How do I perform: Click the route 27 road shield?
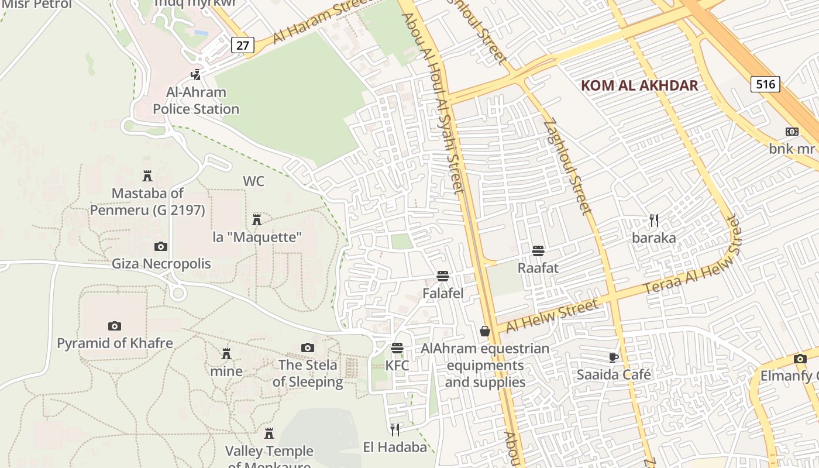tap(242, 45)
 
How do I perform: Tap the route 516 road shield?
tap(765, 84)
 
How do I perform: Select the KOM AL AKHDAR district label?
tap(639, 85)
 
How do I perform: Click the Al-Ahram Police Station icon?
tap(196, 75)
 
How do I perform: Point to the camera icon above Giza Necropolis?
tap(161, 247)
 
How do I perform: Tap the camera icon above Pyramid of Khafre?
tap(115, 326)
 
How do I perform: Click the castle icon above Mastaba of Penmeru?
tap(147, 176)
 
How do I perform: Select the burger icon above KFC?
tap(397, 349)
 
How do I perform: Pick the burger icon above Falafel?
tap(443, 276)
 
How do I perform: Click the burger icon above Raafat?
tap(538, 251)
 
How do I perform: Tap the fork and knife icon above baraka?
tap(654, 221)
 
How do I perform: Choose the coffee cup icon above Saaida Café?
tap(613, 357)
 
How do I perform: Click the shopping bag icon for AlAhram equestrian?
tap(485, 332)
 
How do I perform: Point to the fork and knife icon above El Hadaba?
tap(395, 430)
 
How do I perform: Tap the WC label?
tap(253, 181)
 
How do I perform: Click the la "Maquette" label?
tap(257, 237)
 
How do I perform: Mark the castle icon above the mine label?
tap(226, 354)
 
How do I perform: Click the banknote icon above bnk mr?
tap(792, 132)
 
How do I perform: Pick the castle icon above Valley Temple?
tap(269, 433)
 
